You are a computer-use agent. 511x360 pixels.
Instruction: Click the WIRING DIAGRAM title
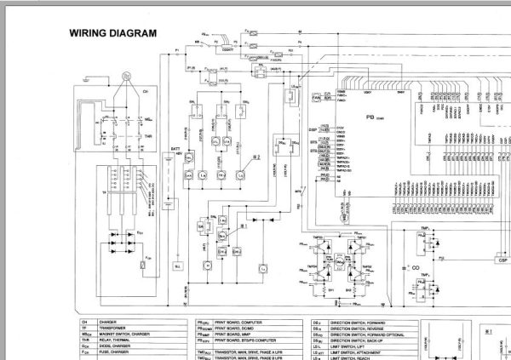tap(112, 34)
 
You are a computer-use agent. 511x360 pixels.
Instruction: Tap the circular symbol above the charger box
tap(124, 76)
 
